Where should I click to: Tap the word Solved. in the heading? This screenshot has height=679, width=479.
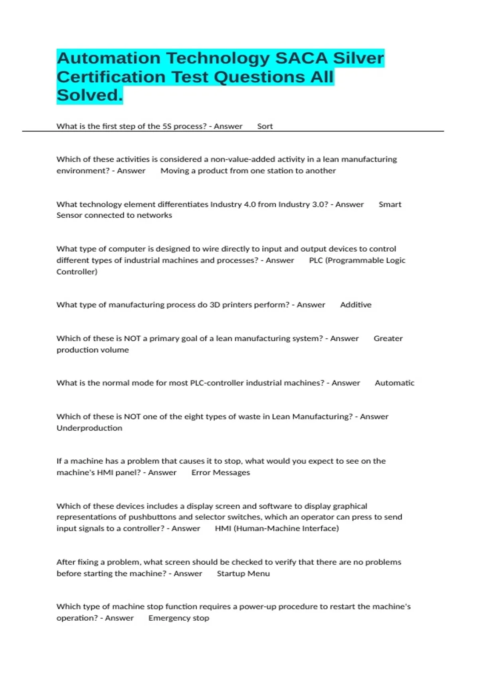(x=89, y=95)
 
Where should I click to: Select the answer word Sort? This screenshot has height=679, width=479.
(x=265, y=126)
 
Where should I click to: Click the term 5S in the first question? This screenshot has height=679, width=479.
(x=166, y=126)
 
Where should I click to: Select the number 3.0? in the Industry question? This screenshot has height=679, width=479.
(x=320, y=204)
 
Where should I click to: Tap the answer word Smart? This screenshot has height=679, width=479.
(x=390, y=204)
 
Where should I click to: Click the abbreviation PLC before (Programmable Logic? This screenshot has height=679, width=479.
(x=316, y=260)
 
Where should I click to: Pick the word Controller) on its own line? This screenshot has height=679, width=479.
(x=77, y=272)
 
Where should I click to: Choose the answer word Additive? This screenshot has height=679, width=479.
(x=355, y=305)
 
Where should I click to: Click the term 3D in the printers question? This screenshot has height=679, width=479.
(x=215, y=305)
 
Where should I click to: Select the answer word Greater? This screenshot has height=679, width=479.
(x=388, y=338)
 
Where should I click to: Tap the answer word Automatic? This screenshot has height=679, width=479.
(x=394, y=383)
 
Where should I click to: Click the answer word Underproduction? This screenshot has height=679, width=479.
(x=89, y=428)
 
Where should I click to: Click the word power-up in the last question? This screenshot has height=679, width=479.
(x=257, y=607)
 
